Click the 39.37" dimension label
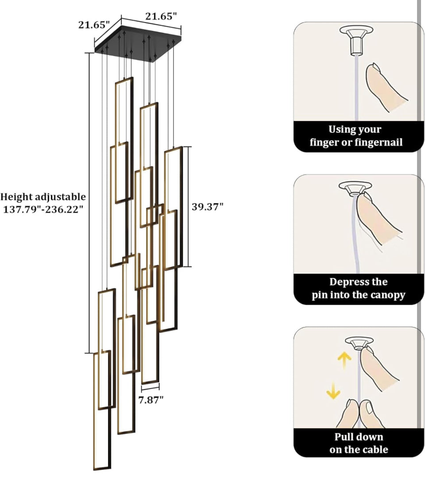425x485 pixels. tap(207, 206)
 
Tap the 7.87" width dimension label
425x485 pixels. tap(151, 400)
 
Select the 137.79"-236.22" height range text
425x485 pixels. tap(43, 210)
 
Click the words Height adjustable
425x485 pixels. tap(43, 197)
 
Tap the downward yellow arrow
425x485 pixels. tap(333, 391)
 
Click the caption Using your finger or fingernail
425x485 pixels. tap(355, 136)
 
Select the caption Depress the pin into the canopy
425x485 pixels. tap(359, 288)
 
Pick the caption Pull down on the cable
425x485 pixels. tap(359, 443)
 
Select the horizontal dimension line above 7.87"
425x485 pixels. tap(151, 387)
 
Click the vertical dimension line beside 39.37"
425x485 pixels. tap(188, 206)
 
